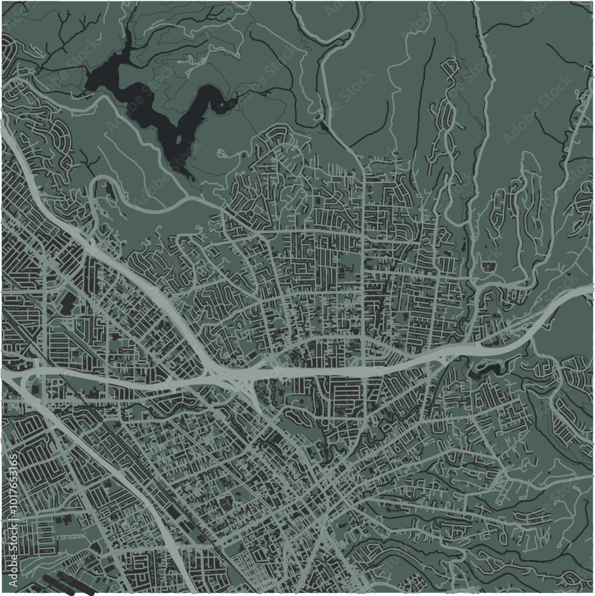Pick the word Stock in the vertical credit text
point(13,534)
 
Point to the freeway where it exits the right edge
point(587,291)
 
